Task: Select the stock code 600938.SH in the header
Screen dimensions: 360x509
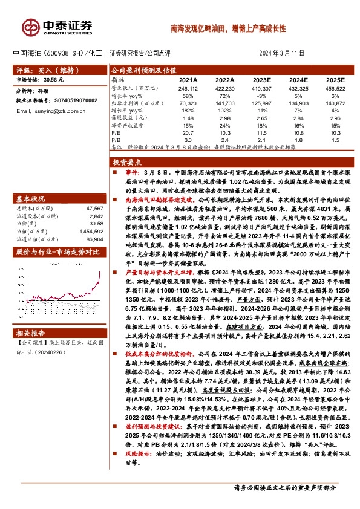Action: coord(63,53)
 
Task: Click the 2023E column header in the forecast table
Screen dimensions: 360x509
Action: coord(261,79)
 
